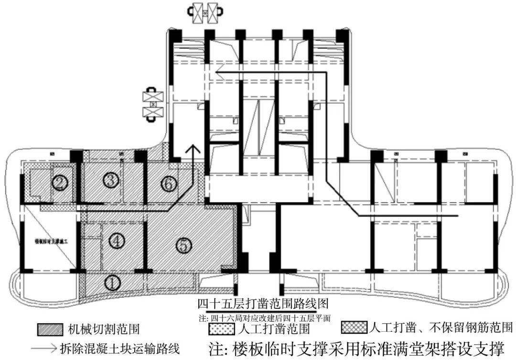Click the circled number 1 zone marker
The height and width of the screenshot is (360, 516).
click(x=112, y=283)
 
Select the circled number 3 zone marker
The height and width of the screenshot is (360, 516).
click(x=111, y=180)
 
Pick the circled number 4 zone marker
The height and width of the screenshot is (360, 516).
click(x=116, y=241)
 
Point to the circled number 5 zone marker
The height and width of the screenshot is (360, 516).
click(x=183, y=245)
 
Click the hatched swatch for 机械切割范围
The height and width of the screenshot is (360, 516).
click(x=50, y=329)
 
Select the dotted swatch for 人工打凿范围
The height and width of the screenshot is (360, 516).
click(x=222, y=329)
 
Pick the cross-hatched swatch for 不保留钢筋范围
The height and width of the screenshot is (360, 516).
click(x=354, y=327)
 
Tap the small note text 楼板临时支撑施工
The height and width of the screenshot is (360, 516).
click(x=52, y=242)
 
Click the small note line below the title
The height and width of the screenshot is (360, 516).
click(x=264, y=317)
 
